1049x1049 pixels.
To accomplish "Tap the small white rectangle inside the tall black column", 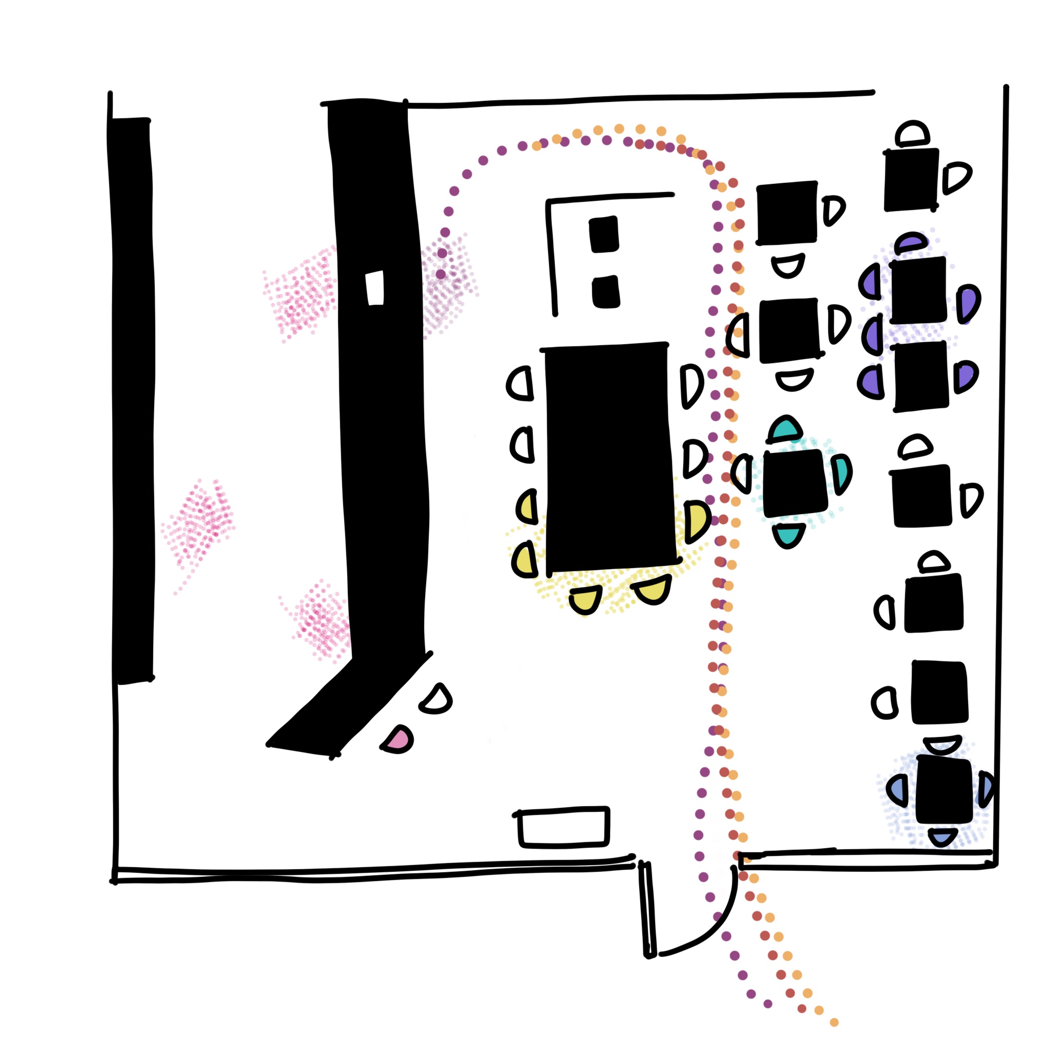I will pyautogui.click(x=374, y=287).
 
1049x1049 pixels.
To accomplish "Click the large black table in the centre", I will pyautogui.click(x=608, y=456).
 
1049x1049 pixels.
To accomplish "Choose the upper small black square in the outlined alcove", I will pyautogui.click(x=604, y=234).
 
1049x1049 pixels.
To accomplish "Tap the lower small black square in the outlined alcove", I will pyautogui.click(x=605, y=292).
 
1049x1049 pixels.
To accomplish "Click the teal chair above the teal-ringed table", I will pyautogui.click(x=785, y=429).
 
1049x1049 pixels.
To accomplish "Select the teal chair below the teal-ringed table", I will pyautogui.click(x=788, y=535).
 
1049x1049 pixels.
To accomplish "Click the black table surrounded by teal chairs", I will pyautogui.click(x=794, y=482).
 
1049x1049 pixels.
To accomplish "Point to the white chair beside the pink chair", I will pyautogui.click(x=436, y=700).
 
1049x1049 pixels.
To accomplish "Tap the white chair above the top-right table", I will pyautogui.click(x=912, y=134).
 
